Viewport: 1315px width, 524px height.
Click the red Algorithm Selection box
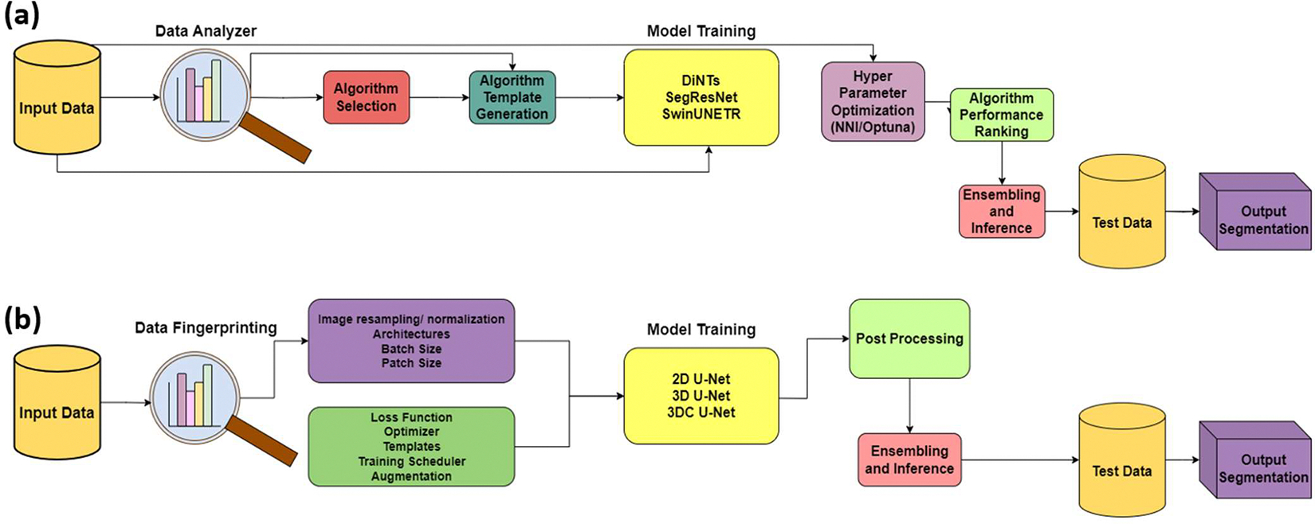(366, 97)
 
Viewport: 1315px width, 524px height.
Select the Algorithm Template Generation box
(512, 97)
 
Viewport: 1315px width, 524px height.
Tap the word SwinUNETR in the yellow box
(701, 114)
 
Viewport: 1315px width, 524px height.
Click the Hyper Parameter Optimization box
(873, 102)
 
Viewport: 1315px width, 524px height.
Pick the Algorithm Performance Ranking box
(1001, 115)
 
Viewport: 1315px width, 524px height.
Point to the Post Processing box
(909, 338)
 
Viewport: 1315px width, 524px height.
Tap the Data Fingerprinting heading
(206, 327)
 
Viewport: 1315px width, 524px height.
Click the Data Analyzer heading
(206, 31)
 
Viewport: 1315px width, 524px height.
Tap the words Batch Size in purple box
(411, 349)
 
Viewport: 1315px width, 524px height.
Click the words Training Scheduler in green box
(411, 461)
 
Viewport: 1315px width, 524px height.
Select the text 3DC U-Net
(701, 413)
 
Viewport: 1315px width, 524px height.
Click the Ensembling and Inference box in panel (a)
(1001, 211)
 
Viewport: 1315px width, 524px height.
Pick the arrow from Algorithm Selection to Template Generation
(438, 97)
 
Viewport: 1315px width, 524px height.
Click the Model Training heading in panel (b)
(701, 329)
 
